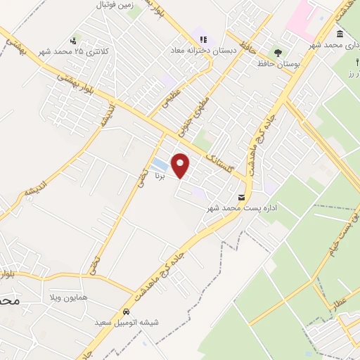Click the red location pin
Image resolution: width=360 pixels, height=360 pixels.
pos(181,165)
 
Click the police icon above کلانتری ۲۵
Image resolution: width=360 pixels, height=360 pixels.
pos(74,41)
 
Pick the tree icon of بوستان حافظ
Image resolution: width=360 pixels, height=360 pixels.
pos(278,51)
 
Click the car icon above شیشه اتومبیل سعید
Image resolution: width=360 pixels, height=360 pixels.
pos(125,312)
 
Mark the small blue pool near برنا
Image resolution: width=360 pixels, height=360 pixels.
pos(159,164)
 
